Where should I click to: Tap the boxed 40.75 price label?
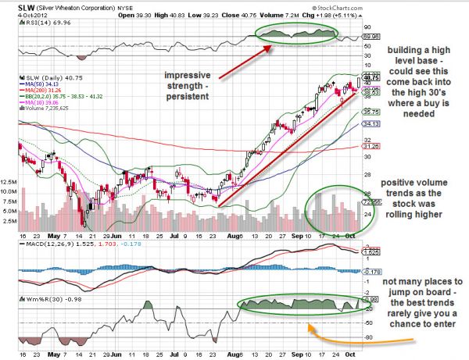click(x=371, y=78)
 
